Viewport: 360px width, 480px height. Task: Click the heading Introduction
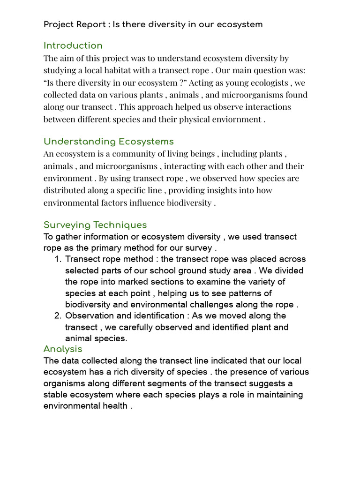click(x=73, y=45)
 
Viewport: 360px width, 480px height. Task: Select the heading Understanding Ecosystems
click(x=108, y=142)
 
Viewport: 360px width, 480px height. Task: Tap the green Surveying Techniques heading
click(x=95, y=225)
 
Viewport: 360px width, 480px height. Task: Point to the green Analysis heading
click(x=63, y=349)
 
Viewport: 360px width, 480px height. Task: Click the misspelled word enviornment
click(x=237, y=119)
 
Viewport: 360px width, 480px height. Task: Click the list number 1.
click(x=58, y=259)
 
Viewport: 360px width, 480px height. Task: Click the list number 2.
click(x=58, y=316)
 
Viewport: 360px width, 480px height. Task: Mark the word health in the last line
click(x=112, y=406)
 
